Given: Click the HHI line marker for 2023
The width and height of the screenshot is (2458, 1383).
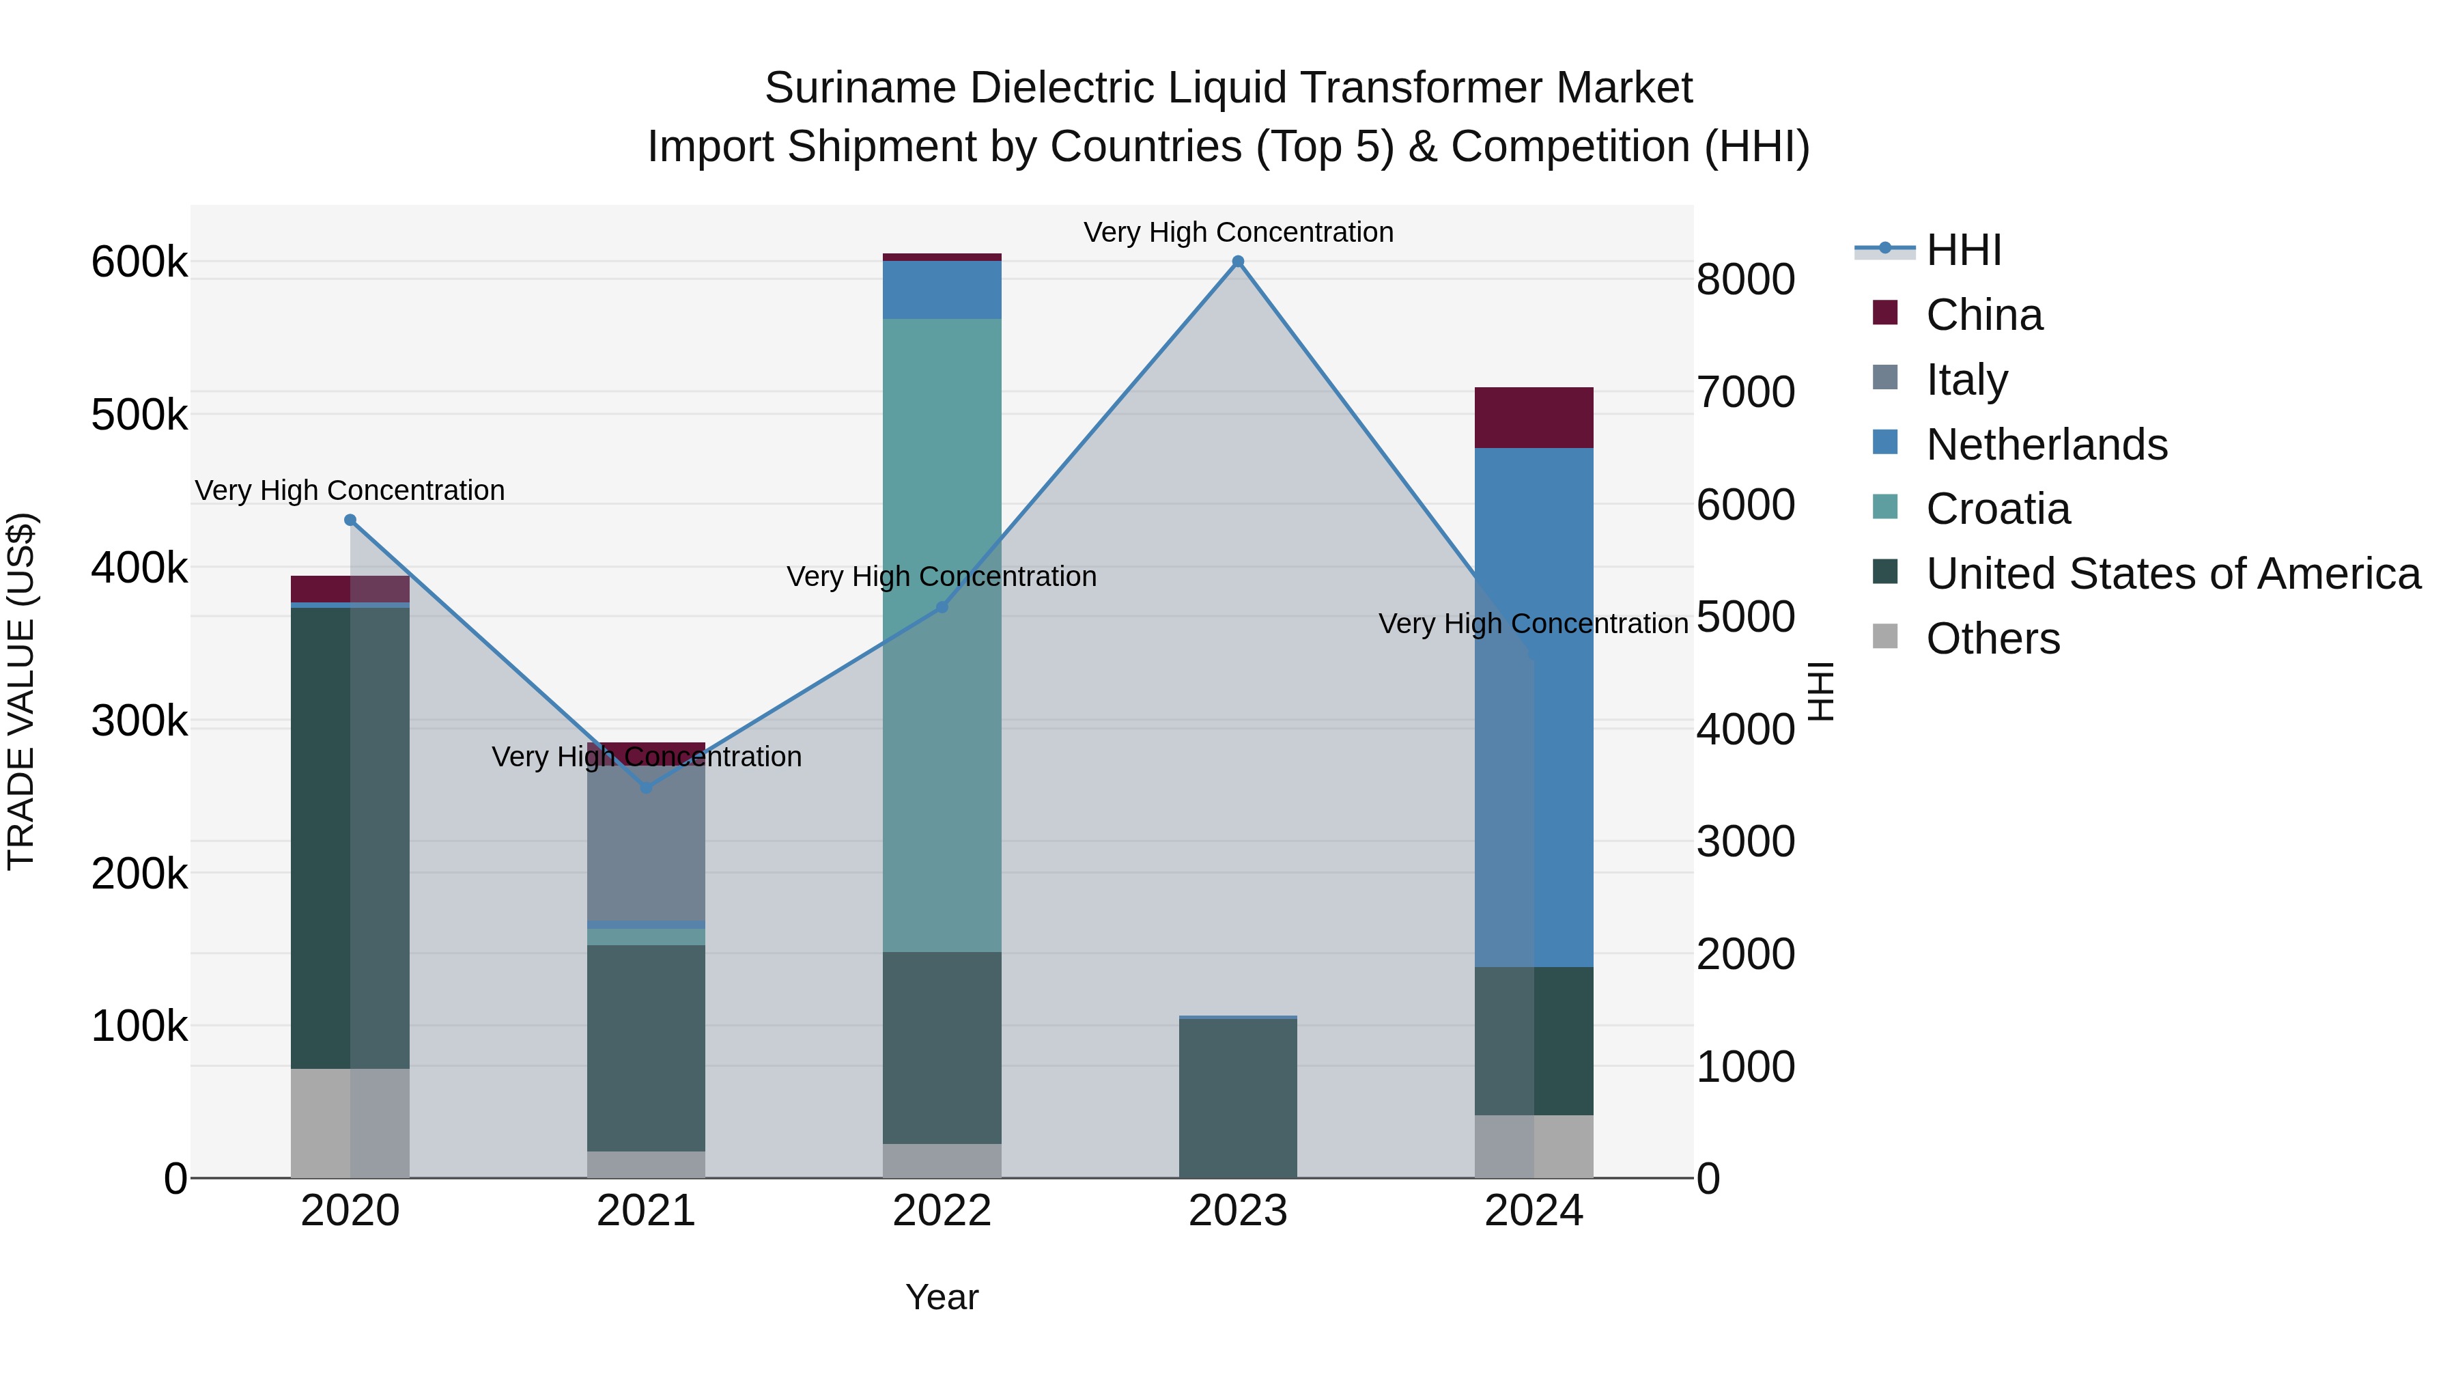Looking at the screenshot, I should click(1238, 262).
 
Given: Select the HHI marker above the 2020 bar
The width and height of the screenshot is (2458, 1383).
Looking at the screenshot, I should click(350, 520).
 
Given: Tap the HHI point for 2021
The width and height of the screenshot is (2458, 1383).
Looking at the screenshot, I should click(646, 787).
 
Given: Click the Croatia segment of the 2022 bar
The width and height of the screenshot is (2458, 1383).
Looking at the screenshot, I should click(942, 634).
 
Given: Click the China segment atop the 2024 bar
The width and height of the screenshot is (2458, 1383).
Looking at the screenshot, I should click(1534, 417).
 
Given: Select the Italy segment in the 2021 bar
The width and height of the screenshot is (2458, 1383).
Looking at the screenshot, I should click(646, 845).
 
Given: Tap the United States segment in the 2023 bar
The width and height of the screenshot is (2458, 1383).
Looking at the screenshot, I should click(1238, 1098).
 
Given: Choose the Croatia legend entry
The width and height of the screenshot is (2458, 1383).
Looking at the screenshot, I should click(1997, 509).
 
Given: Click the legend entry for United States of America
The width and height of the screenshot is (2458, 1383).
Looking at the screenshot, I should click(2173, 574).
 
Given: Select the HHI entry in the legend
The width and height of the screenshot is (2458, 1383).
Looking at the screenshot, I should click(1963, 250).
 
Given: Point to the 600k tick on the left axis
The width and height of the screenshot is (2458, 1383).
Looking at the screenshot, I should click(139, 262).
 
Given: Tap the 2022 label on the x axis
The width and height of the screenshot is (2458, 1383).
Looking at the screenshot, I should click(942, 1211).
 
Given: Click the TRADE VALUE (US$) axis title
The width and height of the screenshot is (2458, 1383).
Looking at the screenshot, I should click(21, 691).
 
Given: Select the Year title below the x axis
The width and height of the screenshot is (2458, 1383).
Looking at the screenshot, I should click(942, 1297).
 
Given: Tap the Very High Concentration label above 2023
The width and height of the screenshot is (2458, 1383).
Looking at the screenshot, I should click(1238, 232).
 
